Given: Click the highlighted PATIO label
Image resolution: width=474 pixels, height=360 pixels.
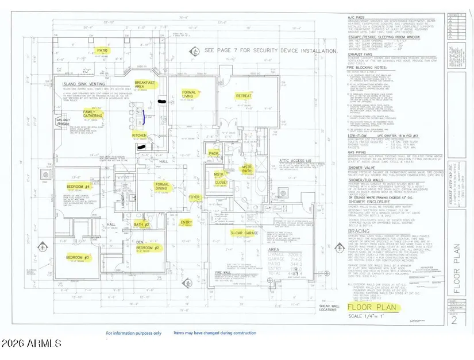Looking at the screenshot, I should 102,51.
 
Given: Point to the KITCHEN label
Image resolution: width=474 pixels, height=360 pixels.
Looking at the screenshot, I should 140,136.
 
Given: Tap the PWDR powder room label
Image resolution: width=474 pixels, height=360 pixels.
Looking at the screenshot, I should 214,153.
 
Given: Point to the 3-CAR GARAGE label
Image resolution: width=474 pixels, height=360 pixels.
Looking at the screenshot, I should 243,233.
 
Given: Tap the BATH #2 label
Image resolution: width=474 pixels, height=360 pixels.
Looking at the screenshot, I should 141,224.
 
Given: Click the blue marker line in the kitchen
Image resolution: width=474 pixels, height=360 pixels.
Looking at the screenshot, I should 144,119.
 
